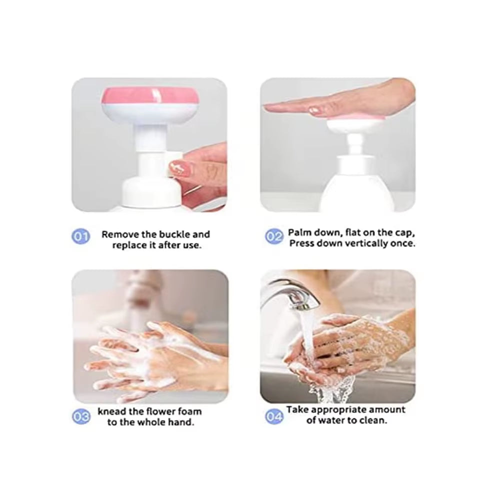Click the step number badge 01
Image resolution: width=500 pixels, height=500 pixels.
(81, 236)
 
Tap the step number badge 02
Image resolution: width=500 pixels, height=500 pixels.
(273, 236)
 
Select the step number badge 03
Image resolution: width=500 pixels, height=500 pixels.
(81, 416)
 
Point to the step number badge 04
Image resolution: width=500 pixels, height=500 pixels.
(273, 416)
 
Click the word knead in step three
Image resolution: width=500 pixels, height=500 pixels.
(112, 411)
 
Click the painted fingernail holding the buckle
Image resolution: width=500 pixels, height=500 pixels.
(176, 167)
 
